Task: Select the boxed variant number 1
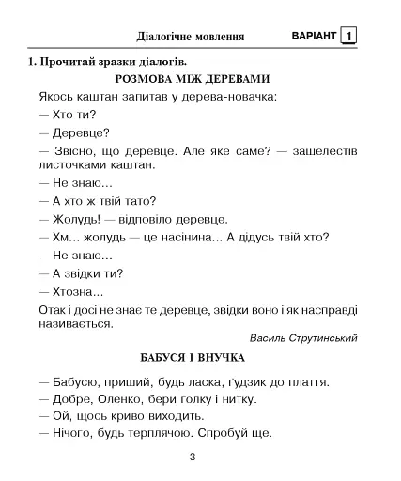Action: pyautogui.click(x=348, y=36)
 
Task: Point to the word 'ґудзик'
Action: pyautogui.click(x=246, y=382)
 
